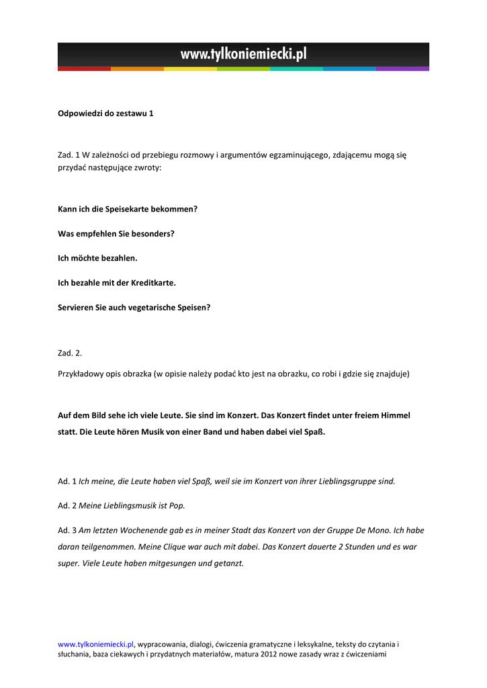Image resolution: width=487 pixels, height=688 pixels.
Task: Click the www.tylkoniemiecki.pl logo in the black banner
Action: [x=243, y=54]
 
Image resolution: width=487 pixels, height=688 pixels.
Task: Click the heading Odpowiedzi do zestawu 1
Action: [x=105, y=114]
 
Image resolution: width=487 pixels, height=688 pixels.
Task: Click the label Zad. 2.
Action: [x=70, y=353]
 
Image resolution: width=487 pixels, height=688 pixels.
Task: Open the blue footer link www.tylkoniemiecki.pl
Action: [x=96, y=644]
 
